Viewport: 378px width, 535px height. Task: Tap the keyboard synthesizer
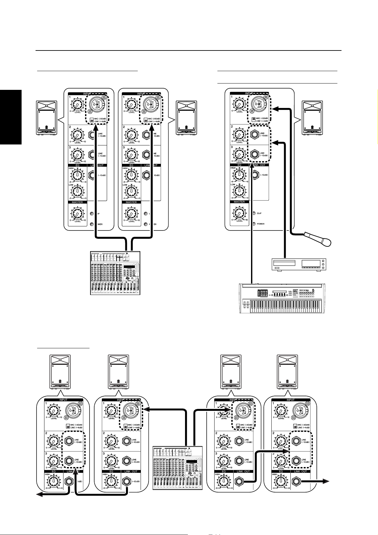coord(282,298)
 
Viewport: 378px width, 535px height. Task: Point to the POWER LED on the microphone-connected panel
coord(254,224)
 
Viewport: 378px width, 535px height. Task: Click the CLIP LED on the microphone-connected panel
coord(254,213)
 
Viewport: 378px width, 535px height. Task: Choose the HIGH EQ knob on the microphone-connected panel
coord(240,174)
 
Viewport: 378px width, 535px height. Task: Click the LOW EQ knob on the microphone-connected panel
coord(240,191)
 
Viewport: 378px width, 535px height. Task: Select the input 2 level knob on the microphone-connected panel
coord(240,135)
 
